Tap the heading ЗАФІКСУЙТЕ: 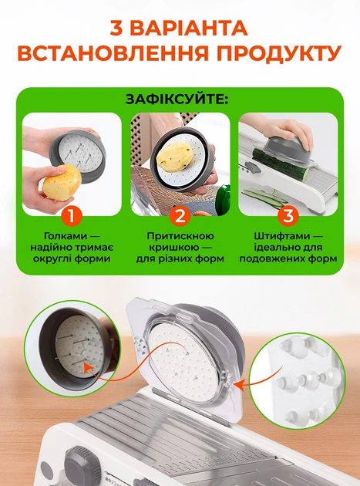click(177, 100)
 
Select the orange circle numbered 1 click(72, 215)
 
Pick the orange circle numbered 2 click(180, 215)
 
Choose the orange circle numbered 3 click(288, 215)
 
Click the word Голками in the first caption click(66, 236)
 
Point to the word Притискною click(180, 236)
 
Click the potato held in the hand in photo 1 click(62, 183)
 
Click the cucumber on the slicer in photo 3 click(281, 165)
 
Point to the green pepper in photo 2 click(224, 200)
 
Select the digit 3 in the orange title click(117, 29)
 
